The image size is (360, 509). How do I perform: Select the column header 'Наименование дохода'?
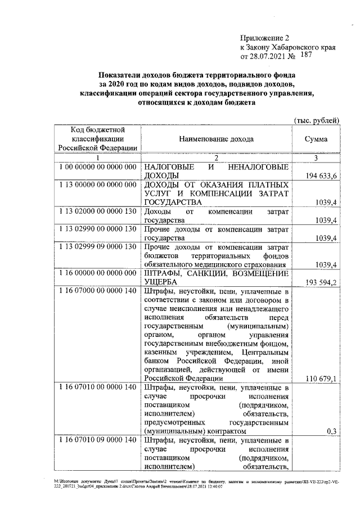[216, 139]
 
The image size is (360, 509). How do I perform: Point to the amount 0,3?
[331, 431]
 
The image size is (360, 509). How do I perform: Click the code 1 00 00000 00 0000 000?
[97, 168]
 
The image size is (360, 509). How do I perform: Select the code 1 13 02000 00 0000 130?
[97, 211]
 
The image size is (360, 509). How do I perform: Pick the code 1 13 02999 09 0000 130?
[97, 246]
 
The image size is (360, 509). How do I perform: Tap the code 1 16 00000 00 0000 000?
[97, 273]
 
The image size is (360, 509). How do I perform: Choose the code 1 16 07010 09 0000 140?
[97, 440]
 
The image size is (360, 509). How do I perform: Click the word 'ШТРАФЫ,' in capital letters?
[162, 273]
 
